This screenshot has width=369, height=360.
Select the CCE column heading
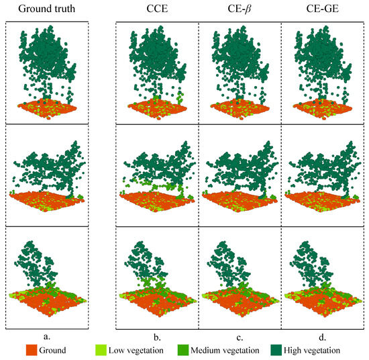pyautogui.click(x=158, y=9)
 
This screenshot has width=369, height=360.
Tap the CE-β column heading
pyautogui.click(x=240, y=9)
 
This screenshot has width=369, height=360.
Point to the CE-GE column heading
pyautogui.click(x=322, y=9)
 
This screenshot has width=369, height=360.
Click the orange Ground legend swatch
pyautogui.click(x=36, y=350)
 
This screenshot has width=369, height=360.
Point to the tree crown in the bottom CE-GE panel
pyautogui.click(x=315, y=259)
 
